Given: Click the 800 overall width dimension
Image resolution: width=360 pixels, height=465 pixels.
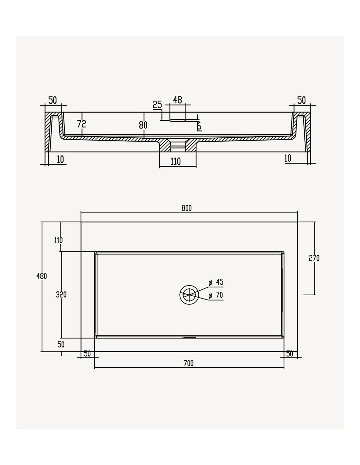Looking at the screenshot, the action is click(x=187, y=208).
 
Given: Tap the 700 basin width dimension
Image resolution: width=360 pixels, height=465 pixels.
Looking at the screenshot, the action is click(x=189, y=363).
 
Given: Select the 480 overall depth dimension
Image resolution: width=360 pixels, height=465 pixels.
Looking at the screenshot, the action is click(x=42, y=276).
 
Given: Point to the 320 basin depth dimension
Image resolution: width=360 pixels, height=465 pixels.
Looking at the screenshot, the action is click(x=61, y=295).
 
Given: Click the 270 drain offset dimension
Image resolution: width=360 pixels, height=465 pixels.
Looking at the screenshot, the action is click(x=314, y=258).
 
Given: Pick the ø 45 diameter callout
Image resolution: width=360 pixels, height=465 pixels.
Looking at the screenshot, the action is click(x=216, y=282).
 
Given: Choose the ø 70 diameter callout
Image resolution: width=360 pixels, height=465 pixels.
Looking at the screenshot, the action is click(x=216, y=295).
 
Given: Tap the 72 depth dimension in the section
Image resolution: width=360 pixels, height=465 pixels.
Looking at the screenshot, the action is click(x=81, y=124).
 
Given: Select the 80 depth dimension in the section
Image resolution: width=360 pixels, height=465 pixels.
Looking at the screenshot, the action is click(x=143, y=125).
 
